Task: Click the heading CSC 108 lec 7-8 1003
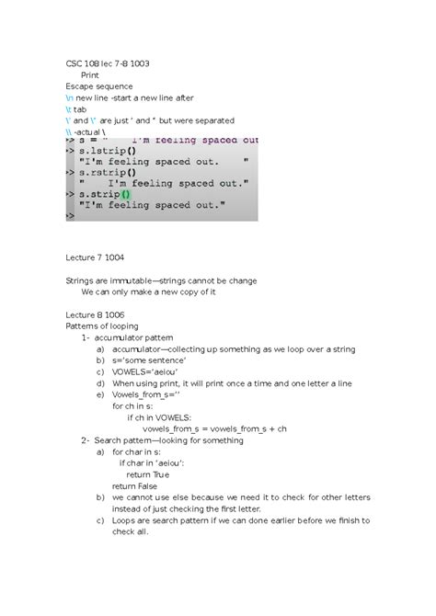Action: (x=108, y=63)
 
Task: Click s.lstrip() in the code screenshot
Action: (x=109, y=151)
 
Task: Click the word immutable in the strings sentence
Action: (x=126, y=280)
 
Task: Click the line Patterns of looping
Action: (x=101, y=325)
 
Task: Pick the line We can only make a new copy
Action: (x=148, y=291)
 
